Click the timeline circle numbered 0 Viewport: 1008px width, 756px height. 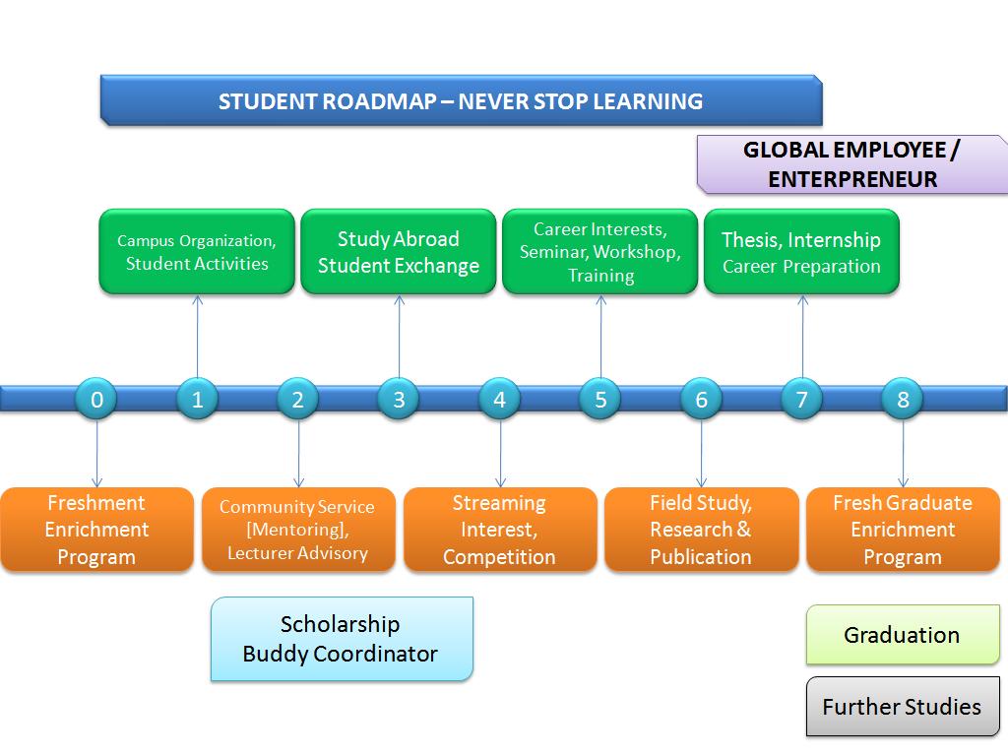(96, 400)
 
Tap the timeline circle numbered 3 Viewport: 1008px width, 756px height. (399, 400)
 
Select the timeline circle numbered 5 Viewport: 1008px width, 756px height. (600, 400)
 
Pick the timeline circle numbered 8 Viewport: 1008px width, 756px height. (903, 400)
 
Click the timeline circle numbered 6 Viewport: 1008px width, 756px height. (701, 400)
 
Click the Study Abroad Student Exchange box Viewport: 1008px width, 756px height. (399, 252)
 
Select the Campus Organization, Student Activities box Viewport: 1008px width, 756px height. (197, 252)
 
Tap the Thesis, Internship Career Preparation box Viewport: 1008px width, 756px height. (801, 252)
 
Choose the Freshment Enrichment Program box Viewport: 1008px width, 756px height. (96, 530)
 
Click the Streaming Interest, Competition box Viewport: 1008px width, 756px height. (499, 530)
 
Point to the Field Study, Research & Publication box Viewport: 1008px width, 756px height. (701, 530)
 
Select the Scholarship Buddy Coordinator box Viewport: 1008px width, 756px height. (342, 639)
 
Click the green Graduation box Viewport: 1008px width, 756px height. (903, 635)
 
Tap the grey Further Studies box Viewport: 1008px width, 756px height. (903, 706)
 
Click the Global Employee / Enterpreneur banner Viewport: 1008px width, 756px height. (852, 164)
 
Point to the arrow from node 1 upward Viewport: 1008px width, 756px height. (197, 337)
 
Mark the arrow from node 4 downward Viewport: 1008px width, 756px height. (500, 454)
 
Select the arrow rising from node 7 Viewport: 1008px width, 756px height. (802, 337)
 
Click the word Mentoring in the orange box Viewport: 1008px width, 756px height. (297, 530)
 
